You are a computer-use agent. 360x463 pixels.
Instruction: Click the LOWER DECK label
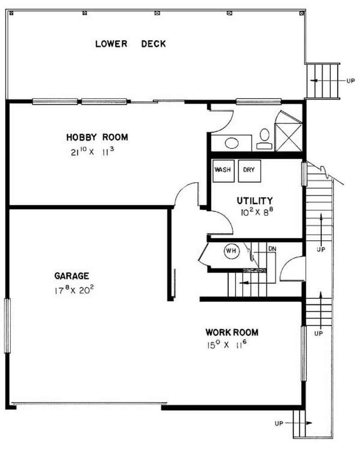pyautogui.click(x=130, y=44)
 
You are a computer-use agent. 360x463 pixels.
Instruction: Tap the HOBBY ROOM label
pyautogui.click(x=97, y=137)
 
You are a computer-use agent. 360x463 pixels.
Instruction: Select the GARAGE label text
pyautogui.click(x=72, y=276)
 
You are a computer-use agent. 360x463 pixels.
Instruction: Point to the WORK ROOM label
pyautogui.click(x=232, y=333)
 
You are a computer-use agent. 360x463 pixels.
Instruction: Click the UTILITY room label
pyautogui.click(x=255, y=201)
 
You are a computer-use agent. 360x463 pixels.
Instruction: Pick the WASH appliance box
pyautogui.click(x=223, y=171)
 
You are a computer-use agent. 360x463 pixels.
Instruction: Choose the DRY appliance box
pyautogui.click(x=250, y=171)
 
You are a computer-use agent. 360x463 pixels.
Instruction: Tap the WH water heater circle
pyautogui.click(x=232, y=251)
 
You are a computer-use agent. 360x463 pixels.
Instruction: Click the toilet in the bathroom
pyautogui.click(x=265, y=139)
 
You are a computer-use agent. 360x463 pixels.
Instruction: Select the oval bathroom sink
pyautogui.click(x=232, y=143)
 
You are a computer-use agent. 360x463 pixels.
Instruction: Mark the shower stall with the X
pyautogui.click(x=288, y=137)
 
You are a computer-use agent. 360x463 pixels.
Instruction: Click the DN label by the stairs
pyautogui.click(x=272, y=249)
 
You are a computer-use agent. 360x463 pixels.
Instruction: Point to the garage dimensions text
pyautogui.click(x=74, y=290)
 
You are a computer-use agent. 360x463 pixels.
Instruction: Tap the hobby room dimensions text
pyautogui.click(x=92, y=152)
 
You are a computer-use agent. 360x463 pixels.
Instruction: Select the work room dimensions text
pyautogui.click(x=227, y=345)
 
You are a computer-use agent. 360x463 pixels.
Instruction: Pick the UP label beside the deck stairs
pyautogui.click(x=351, y=81)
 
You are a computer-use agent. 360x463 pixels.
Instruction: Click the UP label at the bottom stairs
pyautogui.click(x=279, y=423)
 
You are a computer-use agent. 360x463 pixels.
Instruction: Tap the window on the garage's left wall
pyautogui.click(x=7, y=326)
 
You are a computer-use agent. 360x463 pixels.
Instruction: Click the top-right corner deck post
pyautogui.click(x=301, y=13)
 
